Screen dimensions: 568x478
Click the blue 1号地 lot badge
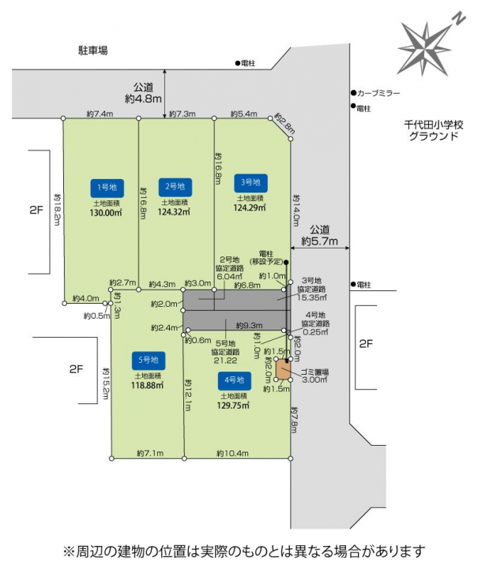104,187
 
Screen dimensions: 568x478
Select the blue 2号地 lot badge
175,186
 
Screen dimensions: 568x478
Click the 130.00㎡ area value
106,213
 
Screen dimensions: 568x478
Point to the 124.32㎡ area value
175,212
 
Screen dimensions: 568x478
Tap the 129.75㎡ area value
235,405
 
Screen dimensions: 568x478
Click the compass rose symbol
427,39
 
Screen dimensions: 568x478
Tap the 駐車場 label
92,50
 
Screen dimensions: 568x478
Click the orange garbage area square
283,370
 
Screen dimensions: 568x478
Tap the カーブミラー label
378,93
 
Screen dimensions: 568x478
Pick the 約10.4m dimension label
232,454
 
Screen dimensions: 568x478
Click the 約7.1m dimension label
149,454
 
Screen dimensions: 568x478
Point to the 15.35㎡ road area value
311,298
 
